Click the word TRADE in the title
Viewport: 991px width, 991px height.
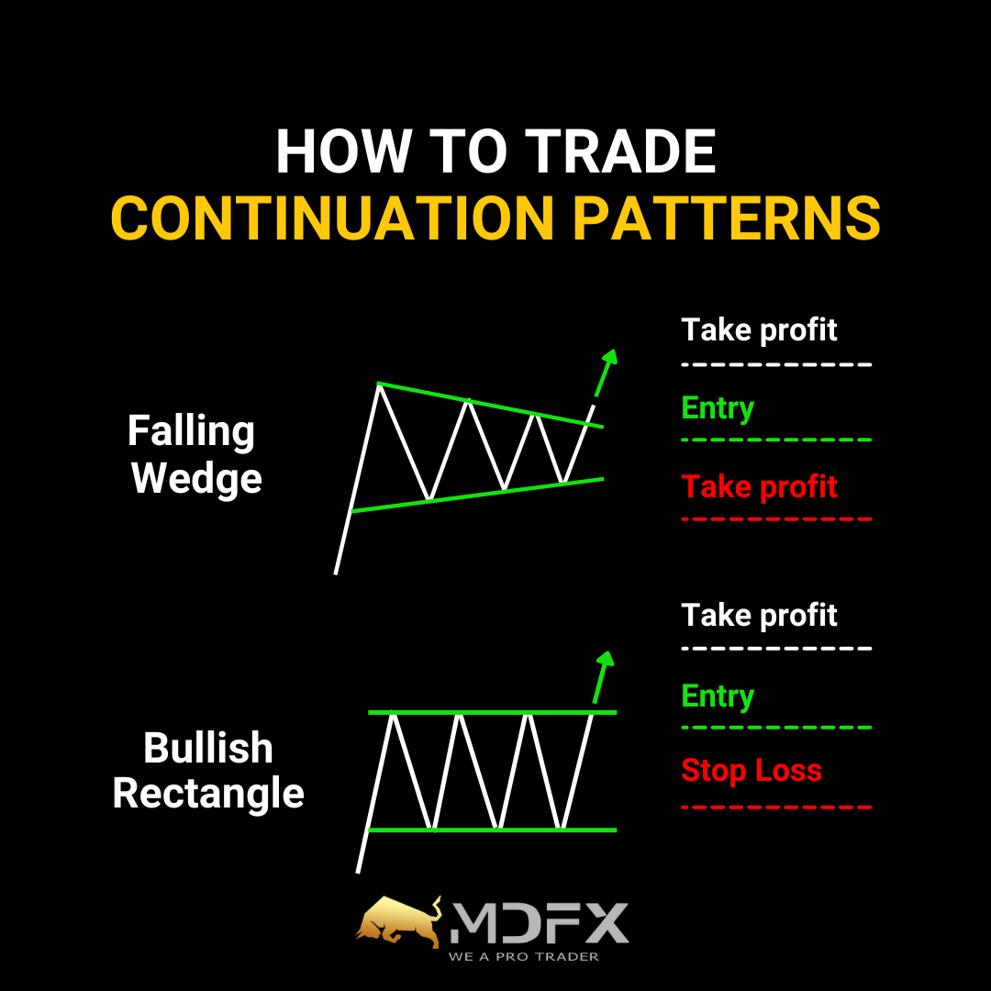point(620,151)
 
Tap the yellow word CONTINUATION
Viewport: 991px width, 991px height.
point(332,218)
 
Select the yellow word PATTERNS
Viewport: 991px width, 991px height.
point(726,218)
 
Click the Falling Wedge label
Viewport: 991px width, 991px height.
point(195,454)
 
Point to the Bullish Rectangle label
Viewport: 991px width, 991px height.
point(208,771)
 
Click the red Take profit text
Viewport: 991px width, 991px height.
point(759,488)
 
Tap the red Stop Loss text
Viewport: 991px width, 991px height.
point(752,771)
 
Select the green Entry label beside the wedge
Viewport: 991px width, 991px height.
point(718,409)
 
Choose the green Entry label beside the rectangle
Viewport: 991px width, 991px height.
point(718,696)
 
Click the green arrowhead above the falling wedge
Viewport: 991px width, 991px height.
point(609,357)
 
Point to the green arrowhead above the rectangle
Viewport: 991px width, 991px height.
point(606,659)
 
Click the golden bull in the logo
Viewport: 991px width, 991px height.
point(399,921)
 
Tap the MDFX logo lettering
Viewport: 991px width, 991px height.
point(540,923)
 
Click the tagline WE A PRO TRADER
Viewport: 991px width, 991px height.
point(524,957)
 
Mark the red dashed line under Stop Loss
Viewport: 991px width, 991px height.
point(777,807)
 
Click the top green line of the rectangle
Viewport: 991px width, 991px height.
point(493,712)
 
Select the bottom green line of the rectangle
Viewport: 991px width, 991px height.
point(493,830)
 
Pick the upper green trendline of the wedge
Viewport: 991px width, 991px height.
point(490,406)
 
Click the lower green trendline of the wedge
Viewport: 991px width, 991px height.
point(477,495)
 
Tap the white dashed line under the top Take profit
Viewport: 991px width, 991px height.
point(777,364)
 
